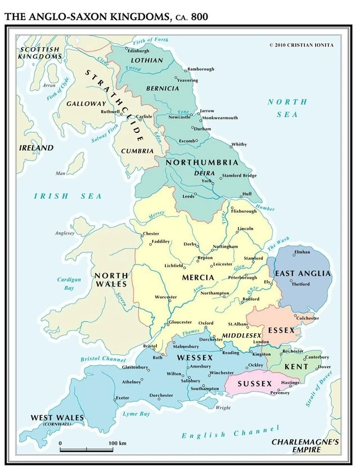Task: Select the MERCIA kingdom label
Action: click(198, 277)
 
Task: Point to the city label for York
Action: click(207, 181)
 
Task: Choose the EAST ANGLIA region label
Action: click(303, 274)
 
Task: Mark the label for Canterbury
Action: click(317, 357)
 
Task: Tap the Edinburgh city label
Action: click(138, 51)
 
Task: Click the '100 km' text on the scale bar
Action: click(118, 443)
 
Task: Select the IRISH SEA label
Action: click(68, 196)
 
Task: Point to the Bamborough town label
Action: click(201, 69)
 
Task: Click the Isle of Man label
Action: click(61, 173)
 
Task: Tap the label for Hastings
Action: click(290, 383)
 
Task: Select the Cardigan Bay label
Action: click(69, 284)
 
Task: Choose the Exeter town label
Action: click(122, 398)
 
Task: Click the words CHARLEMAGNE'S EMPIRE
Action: click(305, 446)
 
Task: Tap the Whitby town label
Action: click(239, 145)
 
